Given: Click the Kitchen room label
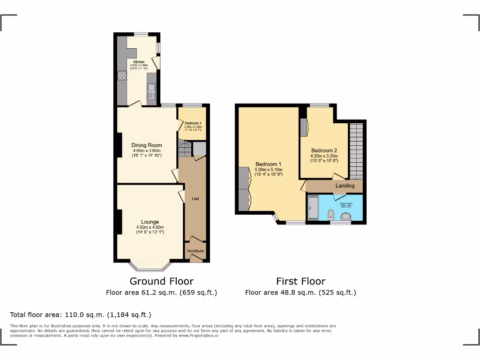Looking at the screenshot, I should (x=139, y=62).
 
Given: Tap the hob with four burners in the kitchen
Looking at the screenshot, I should (x=122, y=75).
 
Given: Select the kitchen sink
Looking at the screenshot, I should (x=151, y=89).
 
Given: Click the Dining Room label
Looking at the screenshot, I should (x=146, y=145).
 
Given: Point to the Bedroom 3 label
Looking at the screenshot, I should (x=193, y=123).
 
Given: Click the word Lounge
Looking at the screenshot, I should (x=150, y=222).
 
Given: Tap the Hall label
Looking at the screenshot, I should (x=195, y=199).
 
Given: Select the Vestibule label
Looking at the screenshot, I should (x=195, y=251).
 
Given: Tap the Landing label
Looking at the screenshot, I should (x=345, y=186).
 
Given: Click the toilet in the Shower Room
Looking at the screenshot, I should (x=331, y=214).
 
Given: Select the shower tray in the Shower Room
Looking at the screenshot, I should (x=313, y=208).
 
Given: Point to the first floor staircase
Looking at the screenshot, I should (x=356, y=150).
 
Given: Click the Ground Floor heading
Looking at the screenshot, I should (x=161, y=281).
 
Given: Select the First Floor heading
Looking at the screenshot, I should (x=300, y=281).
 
